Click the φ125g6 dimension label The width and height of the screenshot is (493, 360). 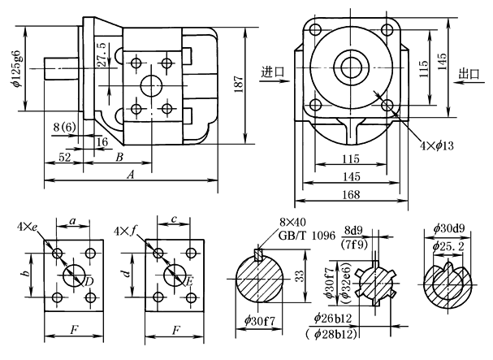pos(16,71)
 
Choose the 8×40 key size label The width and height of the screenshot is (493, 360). pos(290,221)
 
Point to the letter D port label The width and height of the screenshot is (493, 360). pos(89,281)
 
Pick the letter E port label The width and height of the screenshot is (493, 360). pos(189,281)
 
